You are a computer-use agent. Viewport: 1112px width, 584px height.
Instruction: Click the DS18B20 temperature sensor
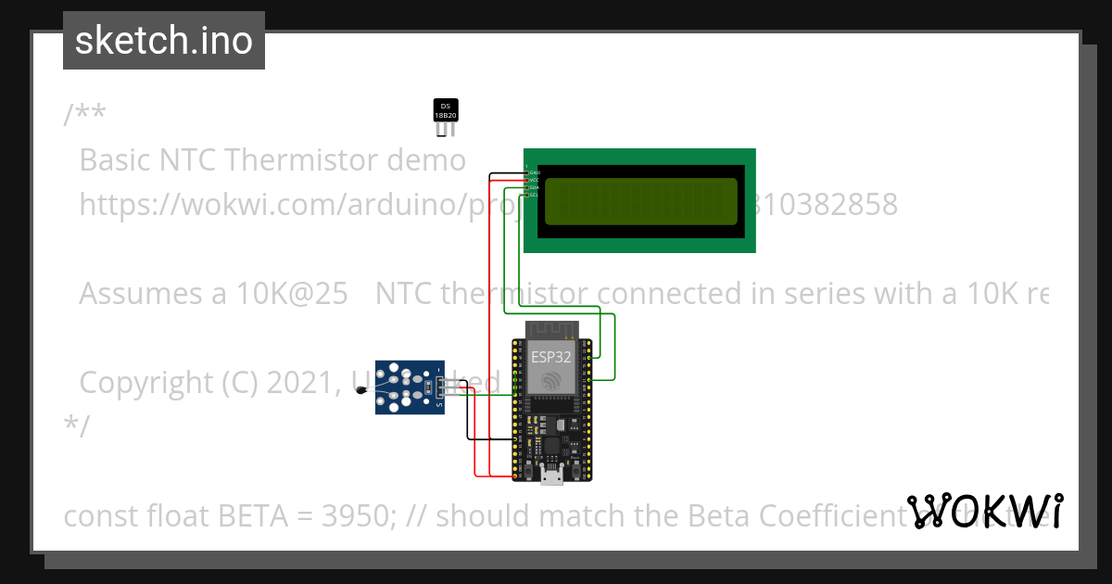tap(446, 112)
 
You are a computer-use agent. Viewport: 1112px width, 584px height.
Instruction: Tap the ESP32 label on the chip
tap(551, 355)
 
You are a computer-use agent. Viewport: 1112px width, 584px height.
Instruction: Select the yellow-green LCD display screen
tap(640, 201)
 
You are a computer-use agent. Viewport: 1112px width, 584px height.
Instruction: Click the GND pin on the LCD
tap(533, 172)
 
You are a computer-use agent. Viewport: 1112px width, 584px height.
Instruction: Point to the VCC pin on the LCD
tap(533, 180)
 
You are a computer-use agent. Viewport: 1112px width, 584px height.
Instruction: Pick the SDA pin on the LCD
tap(533, 187)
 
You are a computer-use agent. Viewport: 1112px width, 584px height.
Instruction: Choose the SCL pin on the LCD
tap(533, 195)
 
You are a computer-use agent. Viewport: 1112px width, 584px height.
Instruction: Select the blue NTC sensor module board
tap(409, 387)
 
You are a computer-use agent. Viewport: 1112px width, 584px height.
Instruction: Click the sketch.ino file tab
tap(164, 41)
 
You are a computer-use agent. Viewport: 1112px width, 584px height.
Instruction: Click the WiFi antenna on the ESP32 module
tap(551, 330)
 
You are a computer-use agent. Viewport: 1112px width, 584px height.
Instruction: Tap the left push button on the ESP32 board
tap(525, 472)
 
